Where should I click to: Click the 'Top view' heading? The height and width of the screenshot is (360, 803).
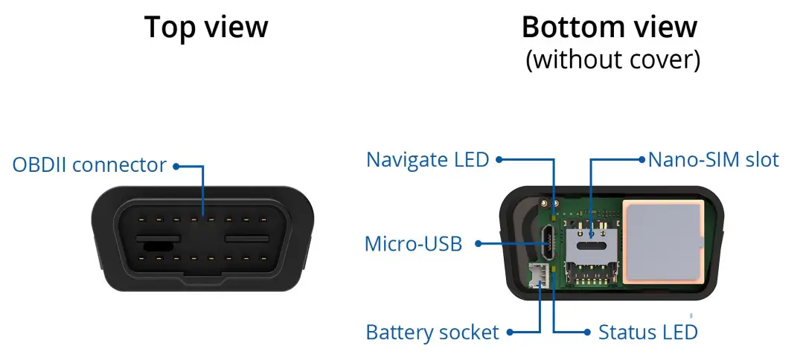(206, 28)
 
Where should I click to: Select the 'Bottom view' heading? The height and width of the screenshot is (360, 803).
(610, 28)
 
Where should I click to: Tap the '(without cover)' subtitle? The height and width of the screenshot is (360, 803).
(612, 60)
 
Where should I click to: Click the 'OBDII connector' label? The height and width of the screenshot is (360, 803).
(89, 164)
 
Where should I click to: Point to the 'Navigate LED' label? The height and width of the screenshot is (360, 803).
(427, 159)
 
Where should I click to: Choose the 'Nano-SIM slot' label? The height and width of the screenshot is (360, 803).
(713, 159)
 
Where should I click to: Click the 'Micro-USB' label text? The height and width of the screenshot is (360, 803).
(413, 243)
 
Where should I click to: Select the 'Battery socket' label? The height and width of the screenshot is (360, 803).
(432, 332)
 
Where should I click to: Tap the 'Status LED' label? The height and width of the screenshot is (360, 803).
(648, 332)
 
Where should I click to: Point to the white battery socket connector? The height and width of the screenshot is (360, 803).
(540, 277)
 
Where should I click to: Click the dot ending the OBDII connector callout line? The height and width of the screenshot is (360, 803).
(176, 165)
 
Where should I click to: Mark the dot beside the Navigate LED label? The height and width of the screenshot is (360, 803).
(499, 159)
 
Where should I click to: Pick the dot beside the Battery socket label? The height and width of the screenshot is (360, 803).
(509, 332)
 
